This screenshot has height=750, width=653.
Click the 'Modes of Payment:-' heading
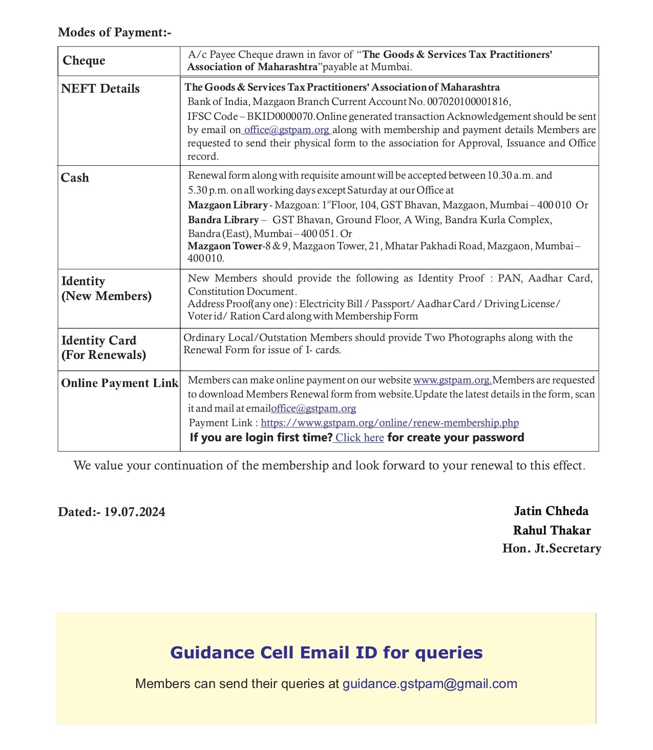click(114, 32)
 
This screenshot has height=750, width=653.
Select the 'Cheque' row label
click(84, 60)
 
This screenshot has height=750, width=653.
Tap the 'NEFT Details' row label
click(100, 89)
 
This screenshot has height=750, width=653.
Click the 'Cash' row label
click(75, 178)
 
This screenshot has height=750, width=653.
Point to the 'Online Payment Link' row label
click(120, 383)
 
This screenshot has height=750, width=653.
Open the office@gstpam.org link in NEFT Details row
click(286, 130)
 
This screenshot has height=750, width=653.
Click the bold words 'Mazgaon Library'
click(227, 205)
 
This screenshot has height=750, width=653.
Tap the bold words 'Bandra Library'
click(223, 220)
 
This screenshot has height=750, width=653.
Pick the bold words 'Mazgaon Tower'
click(225, 246)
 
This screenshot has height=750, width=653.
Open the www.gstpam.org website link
click(452, 380)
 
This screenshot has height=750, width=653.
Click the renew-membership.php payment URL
click(390, 422)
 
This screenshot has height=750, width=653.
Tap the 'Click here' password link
click(360, 437)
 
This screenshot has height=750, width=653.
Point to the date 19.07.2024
click(135, 512)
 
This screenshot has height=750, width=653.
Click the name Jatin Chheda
click(551, 511)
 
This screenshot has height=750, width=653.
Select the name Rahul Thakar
click(552, 530)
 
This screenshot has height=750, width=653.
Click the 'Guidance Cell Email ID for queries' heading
click(326, 653)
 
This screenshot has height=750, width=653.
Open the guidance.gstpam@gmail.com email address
click(430, 684)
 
